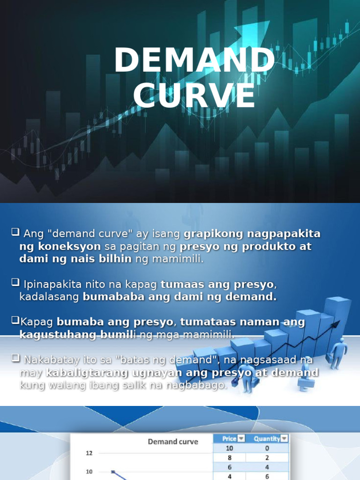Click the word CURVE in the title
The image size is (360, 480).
[x=194, y=97]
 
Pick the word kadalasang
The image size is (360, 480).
[x=50, y=297]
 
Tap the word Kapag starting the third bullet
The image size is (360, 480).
[x=37, y=322]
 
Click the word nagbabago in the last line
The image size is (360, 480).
[x=200, y=385]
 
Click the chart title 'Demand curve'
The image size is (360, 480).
[x=173, y=442]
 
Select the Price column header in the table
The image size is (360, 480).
[x=229, y=439]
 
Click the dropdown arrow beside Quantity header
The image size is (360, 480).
[x=284, y=439]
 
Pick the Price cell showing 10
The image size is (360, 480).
[x=229, y=448]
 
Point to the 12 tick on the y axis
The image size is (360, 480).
[x=89, y=453]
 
